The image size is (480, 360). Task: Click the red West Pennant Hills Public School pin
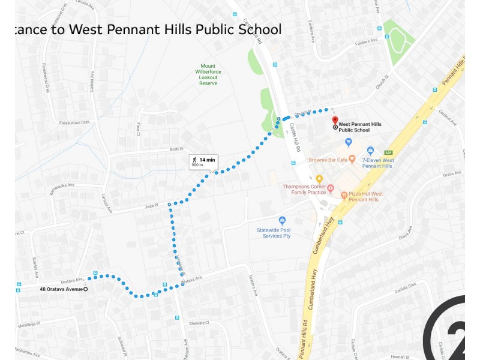click(335, 121)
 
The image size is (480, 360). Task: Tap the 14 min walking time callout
click(203, 161)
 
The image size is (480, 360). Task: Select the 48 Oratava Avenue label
click(61, 289)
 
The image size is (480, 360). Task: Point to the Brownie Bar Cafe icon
click(352, 160)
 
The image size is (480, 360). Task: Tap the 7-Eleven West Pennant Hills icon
click(370, 151)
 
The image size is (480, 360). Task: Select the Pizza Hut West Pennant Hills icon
click(344, 195)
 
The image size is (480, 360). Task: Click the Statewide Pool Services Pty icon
click(282, 220)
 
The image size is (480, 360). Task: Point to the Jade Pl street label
click(151, 205)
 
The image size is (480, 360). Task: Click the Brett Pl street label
click(176, 149)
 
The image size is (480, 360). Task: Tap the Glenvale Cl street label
click(198, 323)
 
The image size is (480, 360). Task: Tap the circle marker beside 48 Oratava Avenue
click(85, 289)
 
